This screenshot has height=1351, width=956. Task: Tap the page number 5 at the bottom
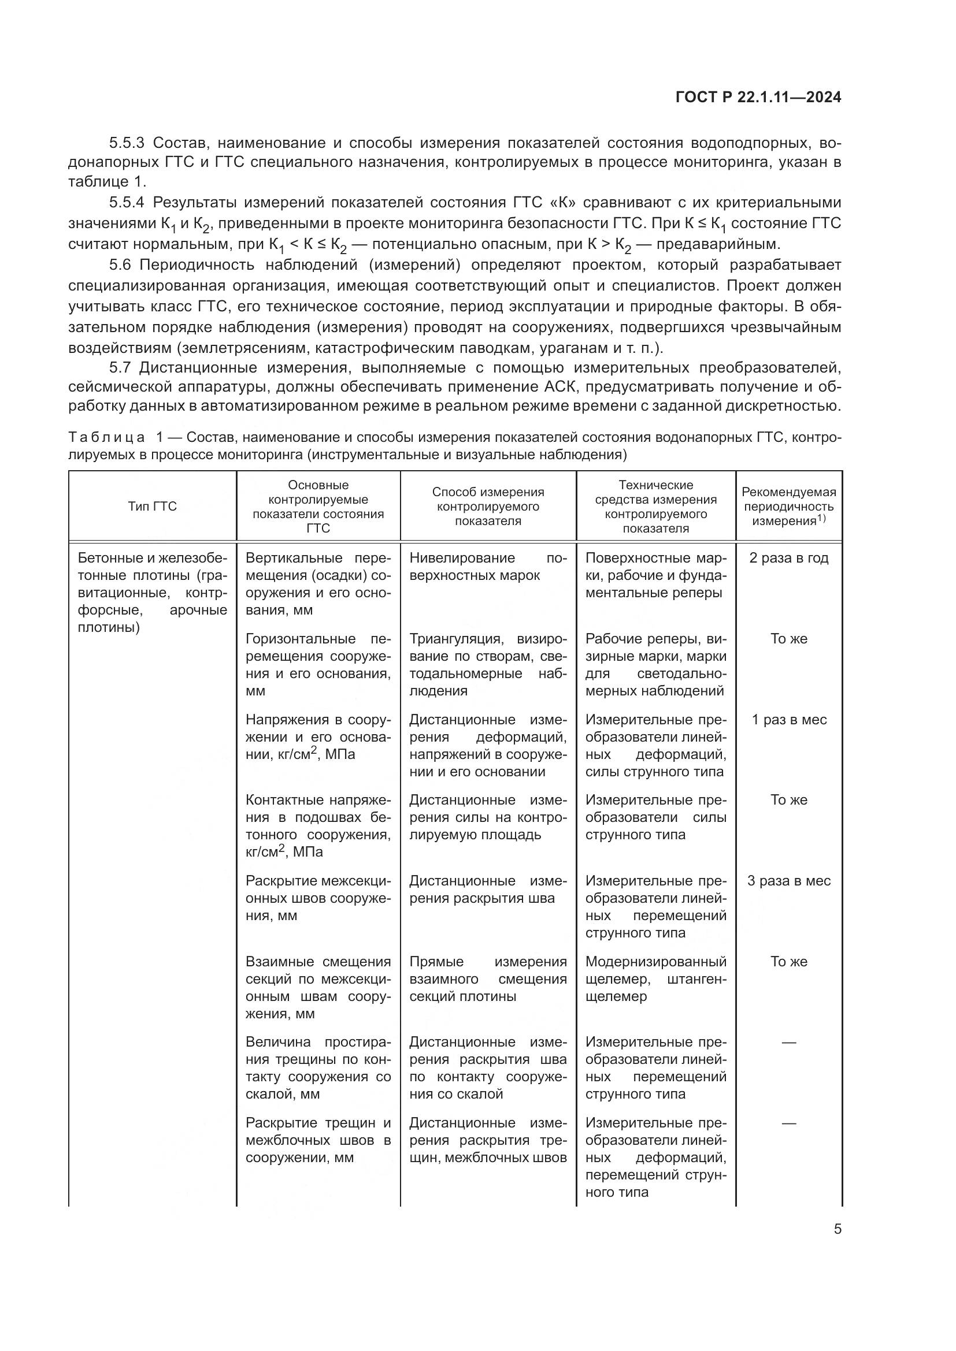tap(837, 1229)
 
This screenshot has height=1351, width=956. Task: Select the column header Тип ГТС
tap(153, 507)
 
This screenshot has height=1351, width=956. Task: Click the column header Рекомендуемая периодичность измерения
tap(788, 507)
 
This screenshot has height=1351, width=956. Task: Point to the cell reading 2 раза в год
tap(788, 558)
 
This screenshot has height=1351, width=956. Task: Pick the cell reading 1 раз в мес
tap(788, 720)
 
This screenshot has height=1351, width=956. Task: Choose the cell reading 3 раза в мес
tap(788, 881)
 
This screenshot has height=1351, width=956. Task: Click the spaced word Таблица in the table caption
tap(106, 437)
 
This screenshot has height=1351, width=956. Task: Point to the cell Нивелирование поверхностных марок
tap(487, 567)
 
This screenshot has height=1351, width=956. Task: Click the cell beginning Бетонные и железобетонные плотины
tap(153, 593)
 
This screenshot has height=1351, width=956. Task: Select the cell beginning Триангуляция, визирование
tap(487, 664)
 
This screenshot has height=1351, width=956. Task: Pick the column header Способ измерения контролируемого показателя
tap(487, 507)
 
